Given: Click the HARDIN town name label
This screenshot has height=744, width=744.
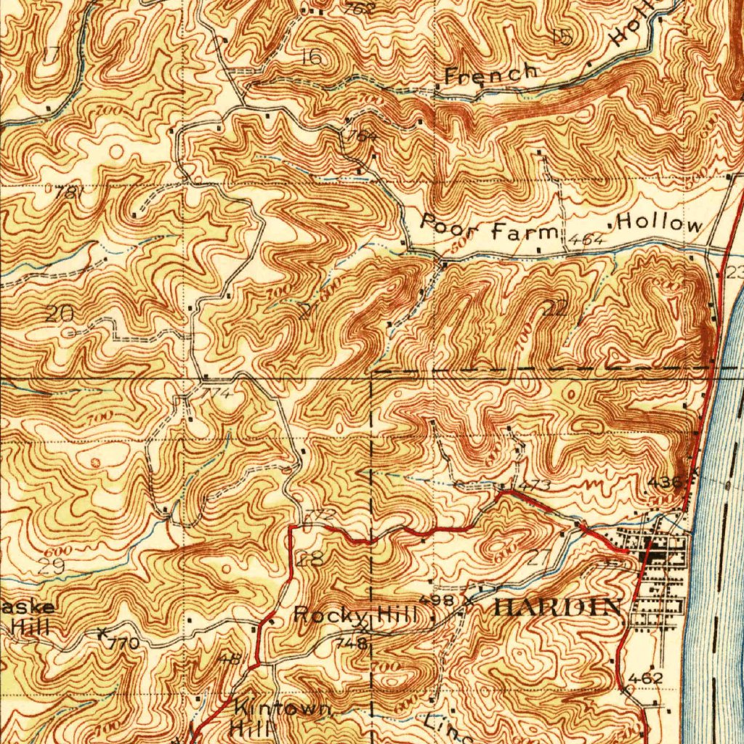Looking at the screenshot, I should click(x=557, y=607).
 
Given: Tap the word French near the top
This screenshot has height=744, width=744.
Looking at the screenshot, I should click(x=491, y=73).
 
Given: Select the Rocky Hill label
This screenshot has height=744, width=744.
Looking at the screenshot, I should click(x=356, y=615).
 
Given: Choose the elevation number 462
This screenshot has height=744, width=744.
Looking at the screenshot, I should click(x=646, y=679).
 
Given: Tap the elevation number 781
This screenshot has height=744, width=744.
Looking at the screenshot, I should click(x=66, y=192).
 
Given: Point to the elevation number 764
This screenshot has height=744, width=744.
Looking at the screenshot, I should click(x=363, y=136).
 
